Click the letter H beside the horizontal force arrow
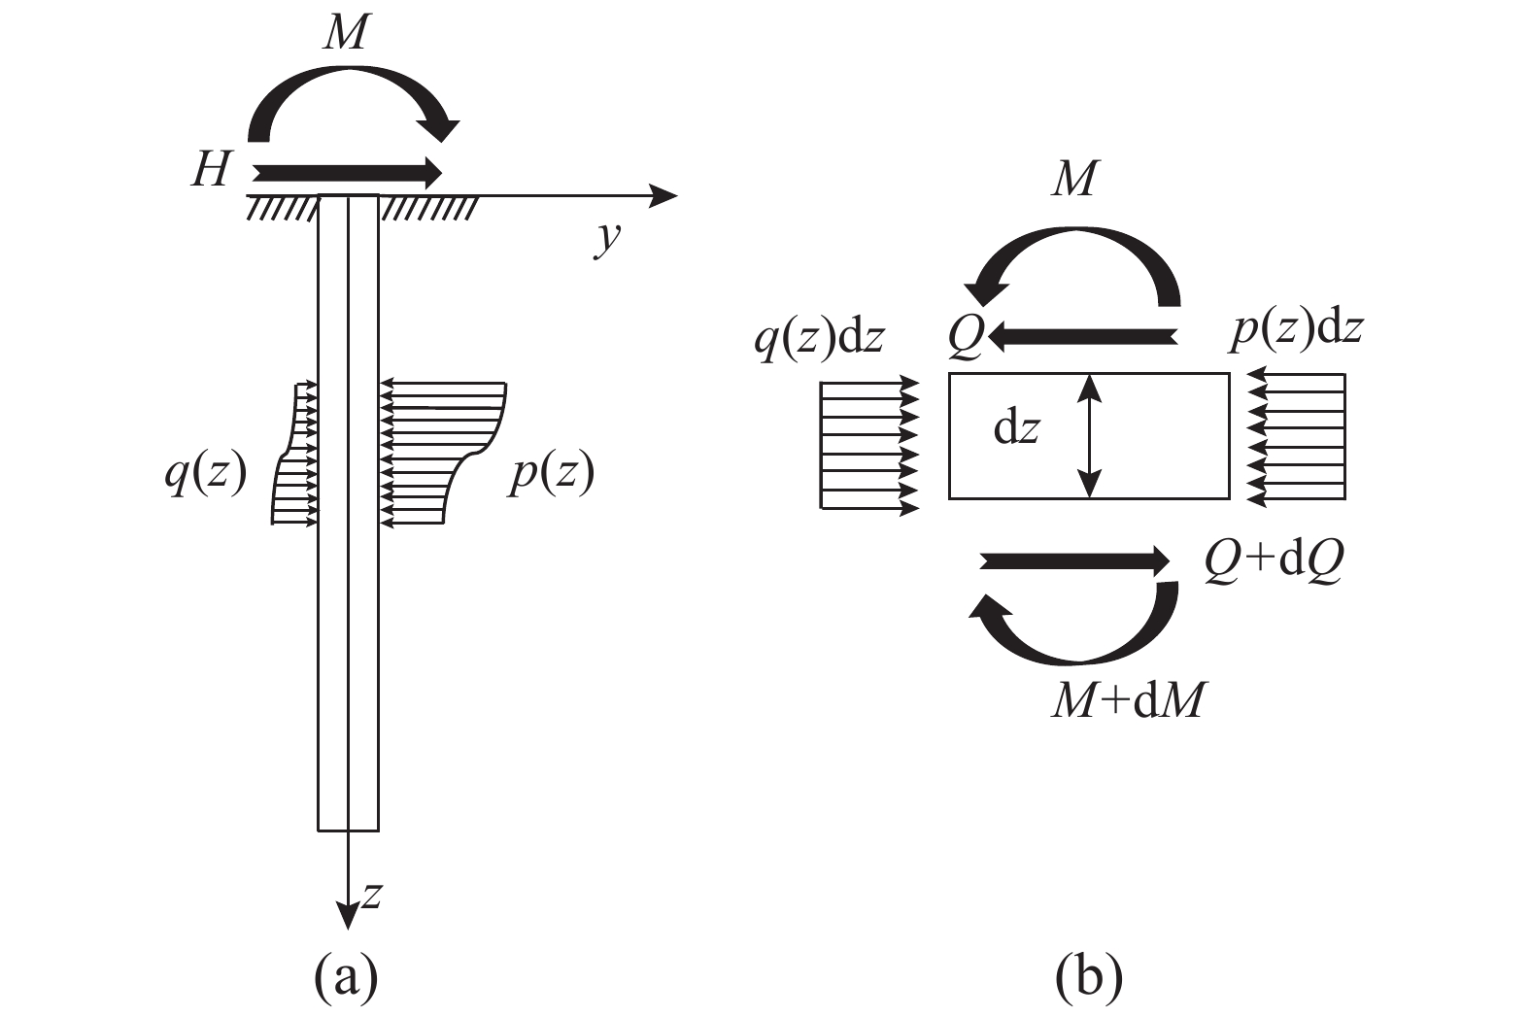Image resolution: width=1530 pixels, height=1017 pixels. pos(212,170)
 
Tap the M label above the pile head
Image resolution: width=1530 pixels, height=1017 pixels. pos(347,33)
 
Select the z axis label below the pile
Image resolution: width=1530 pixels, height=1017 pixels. pos(370,896)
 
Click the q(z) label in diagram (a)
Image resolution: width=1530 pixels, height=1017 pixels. pos(206,475)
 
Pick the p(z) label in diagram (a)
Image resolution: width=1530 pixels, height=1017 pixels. pos(551,475)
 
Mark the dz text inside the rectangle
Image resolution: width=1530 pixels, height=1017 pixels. pos(1016,429)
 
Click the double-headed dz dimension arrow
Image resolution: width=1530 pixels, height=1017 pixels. pos(1090,436)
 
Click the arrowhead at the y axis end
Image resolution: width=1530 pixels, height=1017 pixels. pos(664,197)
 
